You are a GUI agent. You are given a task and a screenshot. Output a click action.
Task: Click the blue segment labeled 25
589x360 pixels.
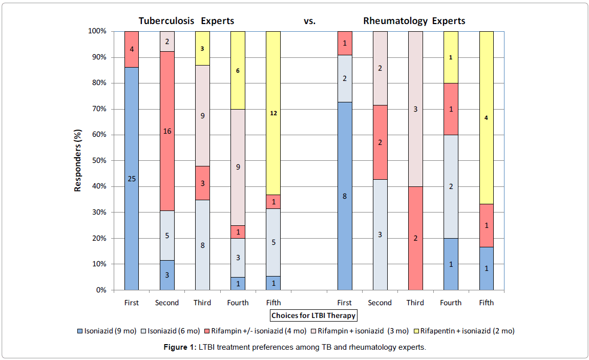click(132, 179)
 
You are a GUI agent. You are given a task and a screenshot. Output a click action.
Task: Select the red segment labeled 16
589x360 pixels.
click(167, 131)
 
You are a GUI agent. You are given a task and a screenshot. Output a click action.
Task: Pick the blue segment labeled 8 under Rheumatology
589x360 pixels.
click(344, 196)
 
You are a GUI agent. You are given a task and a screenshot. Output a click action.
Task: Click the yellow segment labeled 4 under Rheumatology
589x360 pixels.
click(486, 118)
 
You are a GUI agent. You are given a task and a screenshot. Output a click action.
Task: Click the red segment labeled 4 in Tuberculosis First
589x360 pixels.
click(132, 49)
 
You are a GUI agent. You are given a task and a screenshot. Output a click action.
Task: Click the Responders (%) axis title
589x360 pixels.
click(78, 160)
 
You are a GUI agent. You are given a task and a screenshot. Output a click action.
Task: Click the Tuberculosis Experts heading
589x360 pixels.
click(186, 22)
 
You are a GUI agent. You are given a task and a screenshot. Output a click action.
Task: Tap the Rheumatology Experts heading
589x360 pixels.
click(414, 22)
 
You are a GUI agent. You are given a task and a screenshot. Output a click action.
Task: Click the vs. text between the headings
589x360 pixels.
click(309, 22)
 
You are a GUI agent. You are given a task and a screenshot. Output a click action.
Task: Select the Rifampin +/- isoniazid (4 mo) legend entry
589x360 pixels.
click(256, 331)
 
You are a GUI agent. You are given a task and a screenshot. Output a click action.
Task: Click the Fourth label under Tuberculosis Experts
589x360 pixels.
click(238, 303)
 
